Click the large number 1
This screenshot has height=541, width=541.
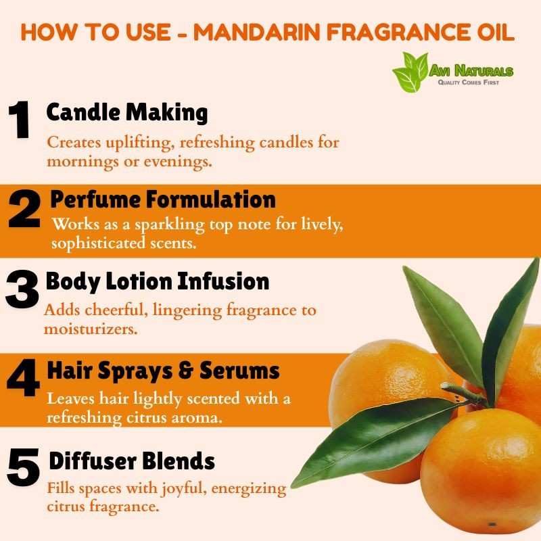click(20, 120)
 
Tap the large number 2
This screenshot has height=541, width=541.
click(24, 209)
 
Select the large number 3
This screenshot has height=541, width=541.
click(22, 289)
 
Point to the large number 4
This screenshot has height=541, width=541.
click(24, 377)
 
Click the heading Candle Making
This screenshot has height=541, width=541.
click(127, 113)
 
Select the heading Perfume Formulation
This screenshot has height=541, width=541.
click(163, 199)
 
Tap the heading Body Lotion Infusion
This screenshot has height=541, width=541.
click(158, 281)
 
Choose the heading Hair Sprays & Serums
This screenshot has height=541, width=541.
click(163, 371)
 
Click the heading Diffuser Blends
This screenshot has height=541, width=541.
click(132, 461)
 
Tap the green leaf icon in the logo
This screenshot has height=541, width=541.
click(410, 72)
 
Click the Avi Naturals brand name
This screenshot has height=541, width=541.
click(471, 71)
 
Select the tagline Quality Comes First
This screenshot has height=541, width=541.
click(468, 83)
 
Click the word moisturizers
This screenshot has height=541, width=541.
click(91, 329)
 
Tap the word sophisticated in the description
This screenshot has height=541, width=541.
click(98, 243)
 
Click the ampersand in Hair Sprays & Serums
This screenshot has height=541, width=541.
click(187, 371)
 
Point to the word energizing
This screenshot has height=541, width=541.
click(249, 489)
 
